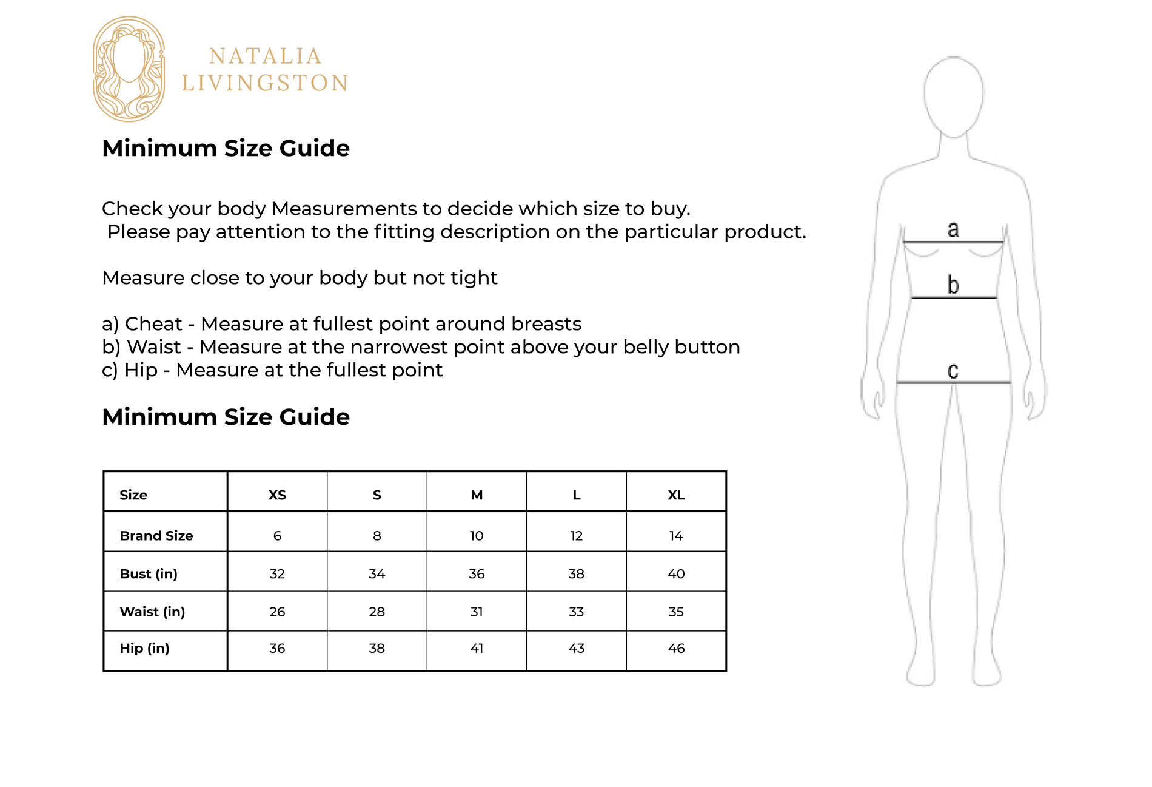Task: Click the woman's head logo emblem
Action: coord(129,69)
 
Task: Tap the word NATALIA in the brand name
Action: coord(266,56)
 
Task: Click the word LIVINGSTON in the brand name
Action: coord(265,83)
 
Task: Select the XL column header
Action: coord(676,495)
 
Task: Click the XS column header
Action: coord(277,495)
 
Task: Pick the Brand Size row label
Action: coord(156,536)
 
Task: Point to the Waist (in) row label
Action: coord(152,612)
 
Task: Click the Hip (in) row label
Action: coord(144,648)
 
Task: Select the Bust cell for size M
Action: coord(477,574)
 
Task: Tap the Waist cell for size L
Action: coord(576,612)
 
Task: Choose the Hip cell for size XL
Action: coord(676,648)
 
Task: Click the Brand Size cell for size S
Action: coord(377,536)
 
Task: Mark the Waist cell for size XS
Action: coord(277,612)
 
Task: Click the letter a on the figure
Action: coord(953,229)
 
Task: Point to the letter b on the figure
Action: coord(953,284)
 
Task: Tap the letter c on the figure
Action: coord(953,371)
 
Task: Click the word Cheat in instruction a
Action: coord(153,324)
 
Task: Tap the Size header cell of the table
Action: coord(133,495)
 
